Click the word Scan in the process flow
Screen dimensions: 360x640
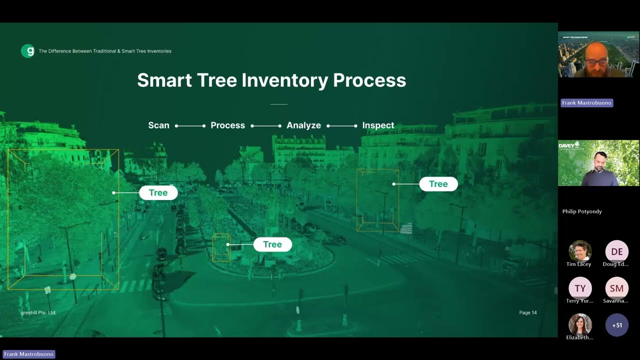158,125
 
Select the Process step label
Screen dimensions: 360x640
227,125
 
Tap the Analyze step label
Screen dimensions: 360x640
303,125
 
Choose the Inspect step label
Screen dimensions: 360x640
378,125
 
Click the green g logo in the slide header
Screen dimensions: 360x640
27,51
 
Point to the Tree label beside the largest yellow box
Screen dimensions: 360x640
158,192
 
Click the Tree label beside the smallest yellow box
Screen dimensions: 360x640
272,244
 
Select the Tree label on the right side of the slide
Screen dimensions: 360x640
438,184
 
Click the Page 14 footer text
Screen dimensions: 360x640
527,312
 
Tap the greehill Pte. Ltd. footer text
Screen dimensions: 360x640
38,312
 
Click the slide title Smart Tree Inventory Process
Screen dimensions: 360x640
271,80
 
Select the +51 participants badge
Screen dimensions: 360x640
617,325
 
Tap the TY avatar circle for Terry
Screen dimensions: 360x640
580,288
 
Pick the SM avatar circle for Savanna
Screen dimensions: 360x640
617,288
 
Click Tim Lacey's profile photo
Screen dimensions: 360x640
580,251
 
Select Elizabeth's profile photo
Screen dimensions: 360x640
580,324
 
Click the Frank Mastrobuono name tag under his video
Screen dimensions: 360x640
586,103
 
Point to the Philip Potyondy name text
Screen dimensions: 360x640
582,211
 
